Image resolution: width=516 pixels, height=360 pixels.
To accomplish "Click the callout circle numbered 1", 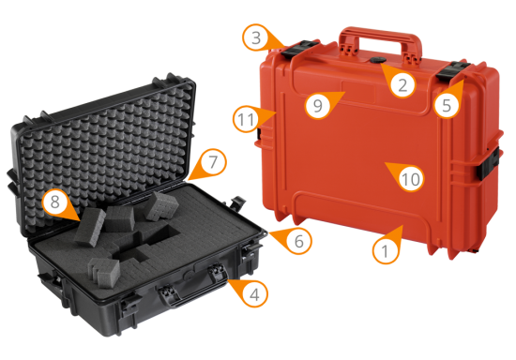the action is [x=385, y=251].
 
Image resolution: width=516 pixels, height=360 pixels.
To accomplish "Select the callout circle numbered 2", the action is [x=403, y=84].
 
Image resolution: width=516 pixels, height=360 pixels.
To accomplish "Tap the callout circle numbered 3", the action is [x=256, y=37].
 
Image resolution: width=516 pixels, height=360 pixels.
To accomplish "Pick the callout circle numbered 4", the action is [x=254, y=294].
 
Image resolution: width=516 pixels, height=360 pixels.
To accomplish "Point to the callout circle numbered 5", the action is [x=447, y=105].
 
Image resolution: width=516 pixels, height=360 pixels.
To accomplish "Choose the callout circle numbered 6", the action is [x=298, y=241].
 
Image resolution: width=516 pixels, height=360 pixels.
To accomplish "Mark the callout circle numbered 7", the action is [x=213, y=162].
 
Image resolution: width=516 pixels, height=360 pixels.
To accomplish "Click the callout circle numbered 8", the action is [x=55, y=202].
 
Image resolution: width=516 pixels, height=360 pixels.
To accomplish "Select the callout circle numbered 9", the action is [x=317, y=105].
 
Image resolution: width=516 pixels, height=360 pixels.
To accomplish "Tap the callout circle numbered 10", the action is [x=411, y=179].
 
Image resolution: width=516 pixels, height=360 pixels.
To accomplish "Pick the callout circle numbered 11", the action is [x=246, y=119].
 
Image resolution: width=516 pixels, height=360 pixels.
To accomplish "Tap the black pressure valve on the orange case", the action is [x=378, y=60].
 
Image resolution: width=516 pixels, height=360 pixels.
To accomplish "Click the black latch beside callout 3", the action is [x=300, y=49].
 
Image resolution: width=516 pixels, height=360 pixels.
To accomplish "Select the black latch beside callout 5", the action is [x=452, y=70].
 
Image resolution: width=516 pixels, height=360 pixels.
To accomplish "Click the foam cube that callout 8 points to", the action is [x=89, y=227].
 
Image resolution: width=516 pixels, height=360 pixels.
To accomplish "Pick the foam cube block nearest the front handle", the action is [x=104, y=272].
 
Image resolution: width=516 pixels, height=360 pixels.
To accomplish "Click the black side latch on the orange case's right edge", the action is [x=488, y=163].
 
